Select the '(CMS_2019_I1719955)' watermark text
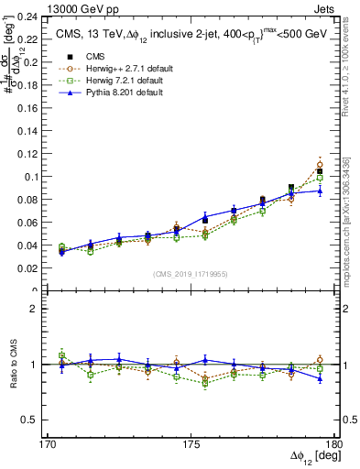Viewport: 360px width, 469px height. click(191, 275)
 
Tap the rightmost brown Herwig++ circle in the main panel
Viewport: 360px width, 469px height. click(320, 165)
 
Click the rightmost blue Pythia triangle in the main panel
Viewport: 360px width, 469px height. click(320, 190)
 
